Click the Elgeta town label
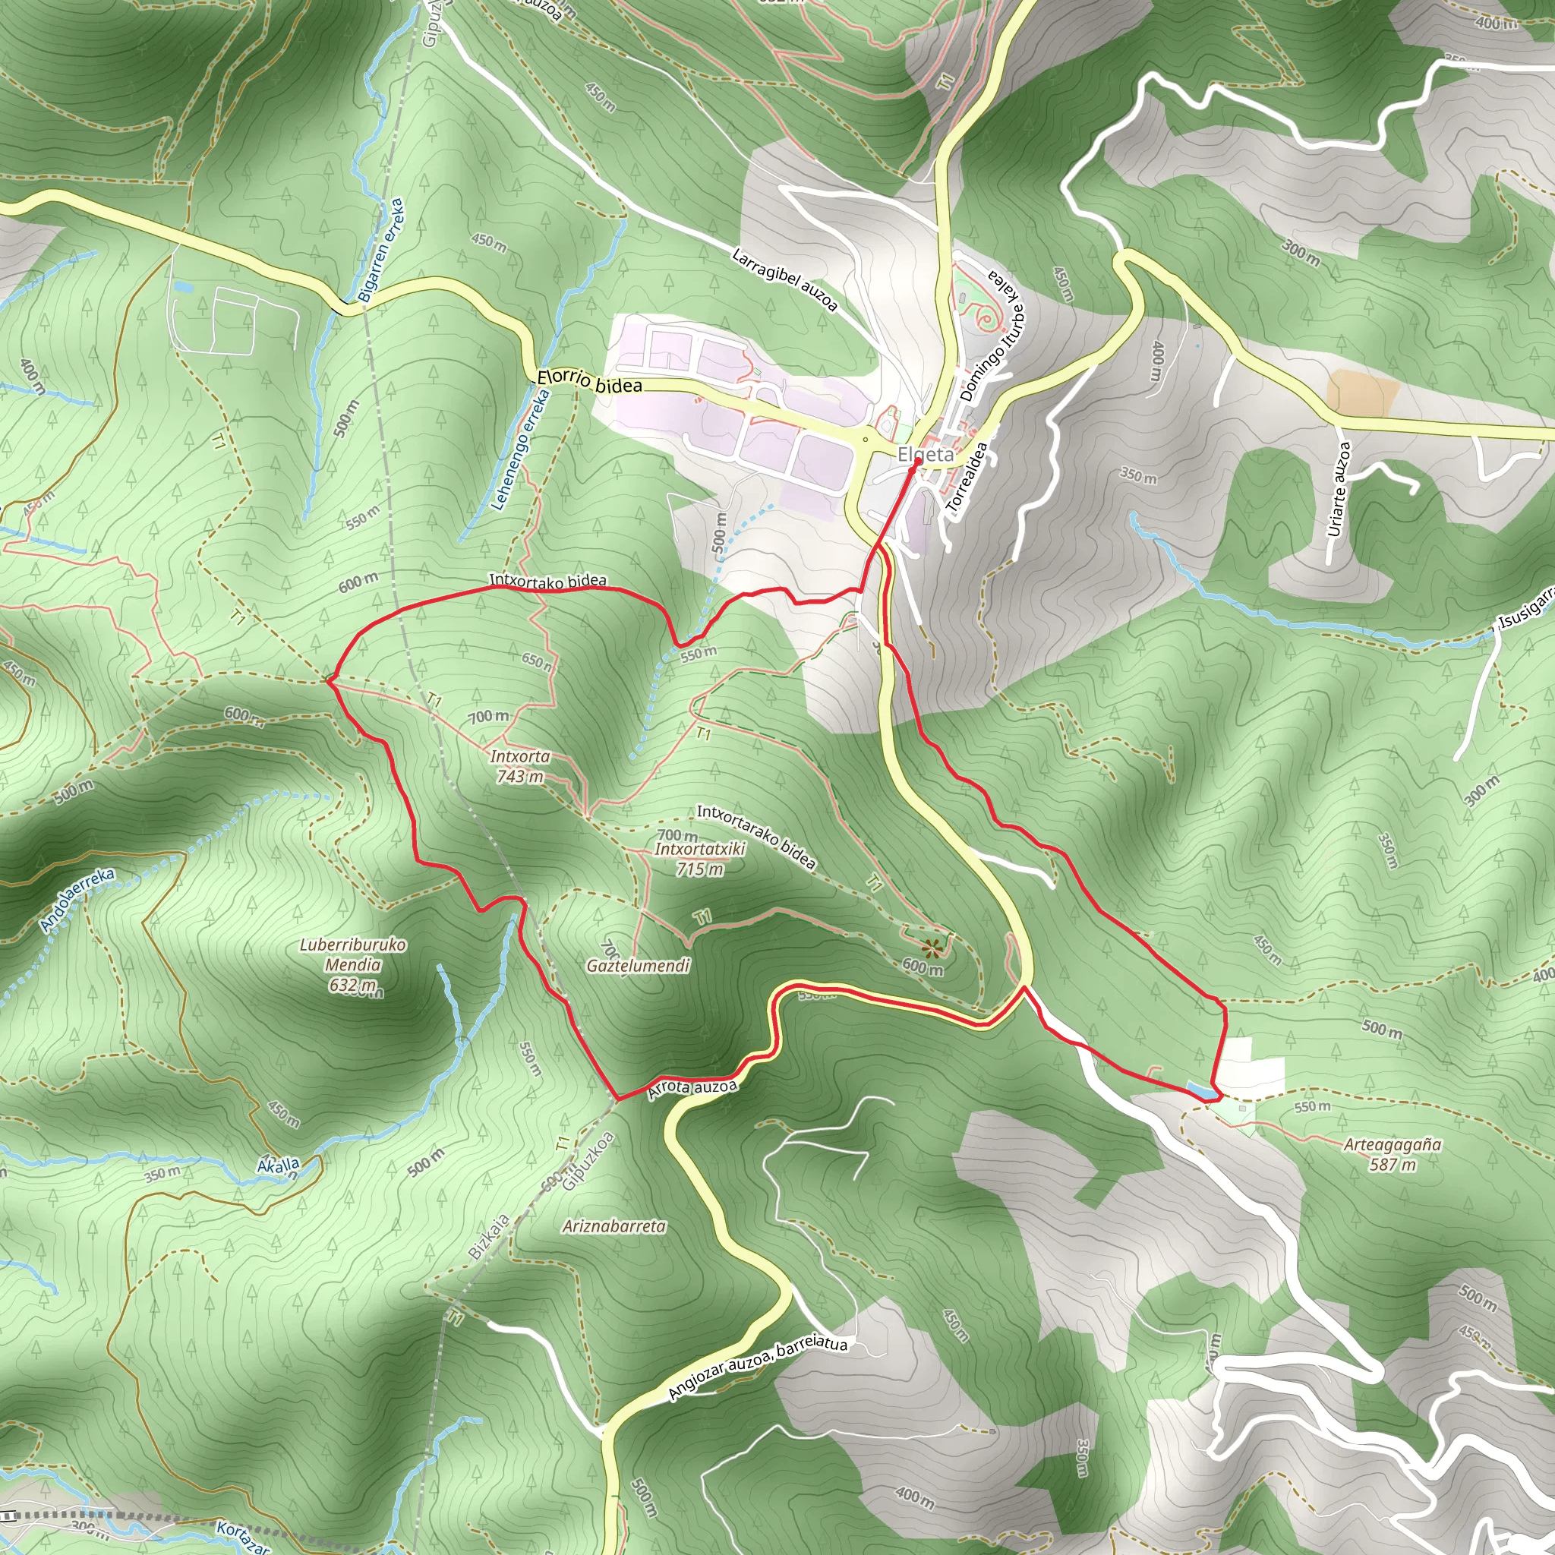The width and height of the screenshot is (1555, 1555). (x=925, y=455)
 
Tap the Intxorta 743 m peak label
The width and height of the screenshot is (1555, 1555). (x=519, y=766)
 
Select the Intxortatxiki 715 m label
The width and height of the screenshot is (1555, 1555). (x=699, y=859)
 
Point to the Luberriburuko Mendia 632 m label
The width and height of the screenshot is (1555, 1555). (x=352, y=964)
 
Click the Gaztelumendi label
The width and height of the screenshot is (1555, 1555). (x=638, y=965)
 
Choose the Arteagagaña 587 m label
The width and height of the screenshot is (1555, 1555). (x=1393, y=1153)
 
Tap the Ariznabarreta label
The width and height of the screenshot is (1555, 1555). (x=614, y=1225)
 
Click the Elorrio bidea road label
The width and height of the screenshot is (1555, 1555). (x=589, y=380)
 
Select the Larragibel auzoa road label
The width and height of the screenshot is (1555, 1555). (x=785, y=279)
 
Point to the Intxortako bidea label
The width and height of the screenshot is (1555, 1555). (x=547, y=580)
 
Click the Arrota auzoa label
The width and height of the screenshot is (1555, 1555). (x=692, y=1088)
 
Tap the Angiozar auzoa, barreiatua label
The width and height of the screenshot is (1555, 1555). (x=757, y=1366)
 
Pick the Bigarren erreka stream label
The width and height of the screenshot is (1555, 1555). (x=380, y=251)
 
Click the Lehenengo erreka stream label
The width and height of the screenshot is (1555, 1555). (x=521, y=450)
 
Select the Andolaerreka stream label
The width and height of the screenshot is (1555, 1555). (x=77, y=900)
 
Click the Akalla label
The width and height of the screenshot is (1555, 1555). (x=279, y=1165)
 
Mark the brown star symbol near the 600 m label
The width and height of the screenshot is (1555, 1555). (x=933, y=948)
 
